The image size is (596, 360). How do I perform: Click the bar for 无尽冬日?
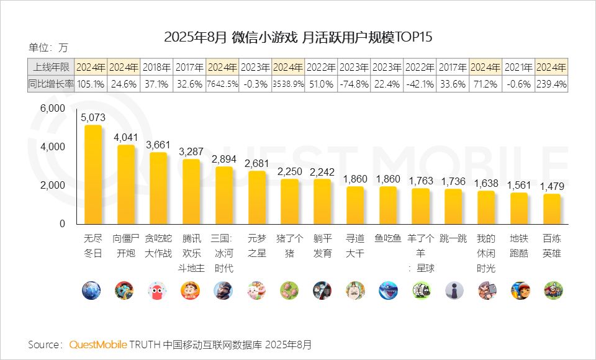coord(93,174)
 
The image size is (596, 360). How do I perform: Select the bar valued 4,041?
coord(125,184)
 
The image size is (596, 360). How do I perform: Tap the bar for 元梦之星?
coord(256,197)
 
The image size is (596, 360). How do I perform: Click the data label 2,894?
coord(223,159)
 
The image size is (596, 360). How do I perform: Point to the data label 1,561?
coord(520,185)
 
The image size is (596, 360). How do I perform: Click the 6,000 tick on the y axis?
coord(52,108)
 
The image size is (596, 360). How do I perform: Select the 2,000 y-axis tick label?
coord(52,185)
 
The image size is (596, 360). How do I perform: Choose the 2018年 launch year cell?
coord(157,67)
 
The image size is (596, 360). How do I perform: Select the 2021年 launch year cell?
coord(519,67)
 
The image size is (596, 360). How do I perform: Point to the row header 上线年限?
coord(51,67)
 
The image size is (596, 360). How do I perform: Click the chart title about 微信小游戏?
coord(298,37)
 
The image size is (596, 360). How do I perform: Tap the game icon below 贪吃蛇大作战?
coord(158,290)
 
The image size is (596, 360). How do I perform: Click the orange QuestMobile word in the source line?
coord(98,344)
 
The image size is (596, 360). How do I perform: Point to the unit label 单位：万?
coord(48,47)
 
